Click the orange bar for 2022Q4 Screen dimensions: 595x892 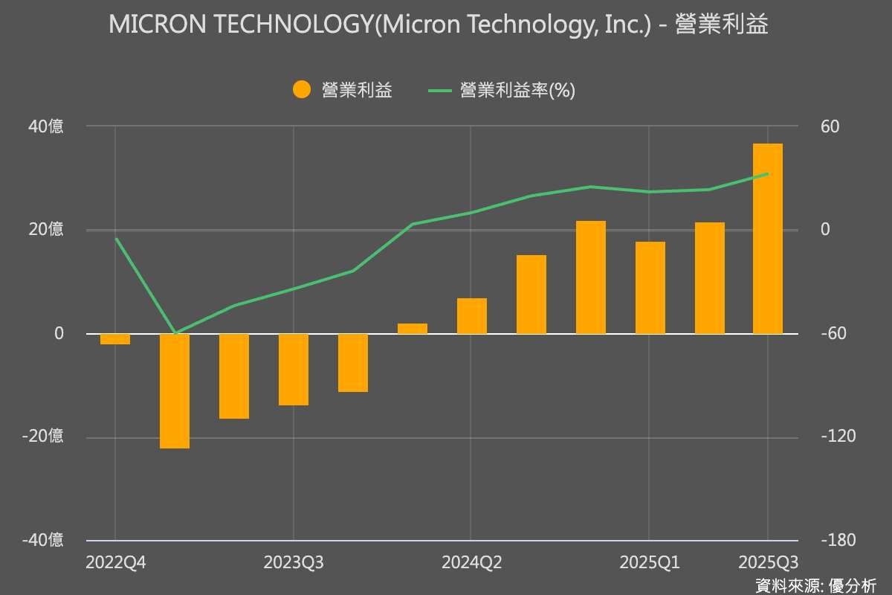pos(115,339)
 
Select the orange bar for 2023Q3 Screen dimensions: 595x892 pos(294,370)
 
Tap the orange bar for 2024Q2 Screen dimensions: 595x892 pos(472,316)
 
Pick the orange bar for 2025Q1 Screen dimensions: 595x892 pos(650,288)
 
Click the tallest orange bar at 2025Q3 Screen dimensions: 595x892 pos(768,238)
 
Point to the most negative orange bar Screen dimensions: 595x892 pos(175,391)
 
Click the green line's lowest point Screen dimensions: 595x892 pos(175,333)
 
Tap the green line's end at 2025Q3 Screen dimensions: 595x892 pos(768,174)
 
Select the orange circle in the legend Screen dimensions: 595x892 pos(302,90)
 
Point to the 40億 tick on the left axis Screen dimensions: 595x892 pos(46,126)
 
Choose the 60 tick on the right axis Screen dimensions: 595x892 pos(830,126)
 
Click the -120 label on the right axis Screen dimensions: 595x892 pos(836,437)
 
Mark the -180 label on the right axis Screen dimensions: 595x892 pos(836,540)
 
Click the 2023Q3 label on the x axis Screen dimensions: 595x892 pos(294,562)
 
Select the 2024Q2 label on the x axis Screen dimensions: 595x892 pos(472,562)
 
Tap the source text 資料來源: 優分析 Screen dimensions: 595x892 pos(815,585)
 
